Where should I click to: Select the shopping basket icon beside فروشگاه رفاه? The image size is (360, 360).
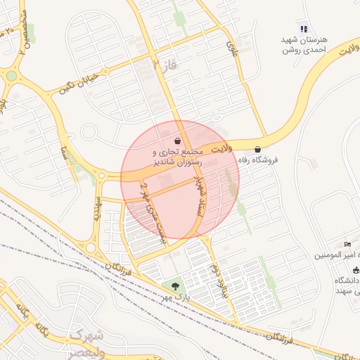[x=258, y=149]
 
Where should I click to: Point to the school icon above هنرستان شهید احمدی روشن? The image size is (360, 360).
[x=303, y=29]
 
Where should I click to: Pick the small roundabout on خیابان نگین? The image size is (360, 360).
[x=88, y=131]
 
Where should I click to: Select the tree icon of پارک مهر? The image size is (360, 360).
[x=175, y=285]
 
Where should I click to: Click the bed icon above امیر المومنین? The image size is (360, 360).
[x=347, y=243]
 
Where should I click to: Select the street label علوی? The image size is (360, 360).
[x=232, y=49]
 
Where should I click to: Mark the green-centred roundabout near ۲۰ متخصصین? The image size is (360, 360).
[x=12, y=76]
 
